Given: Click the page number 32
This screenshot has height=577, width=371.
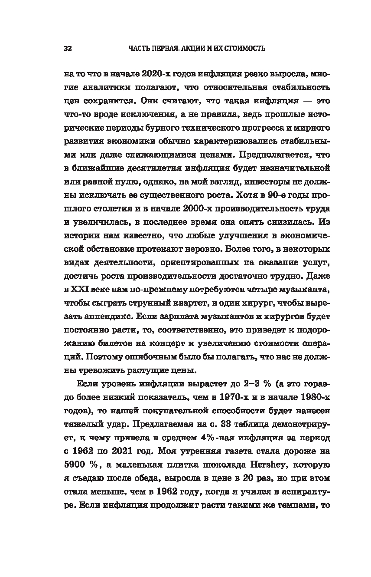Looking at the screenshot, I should coord(67,48).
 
